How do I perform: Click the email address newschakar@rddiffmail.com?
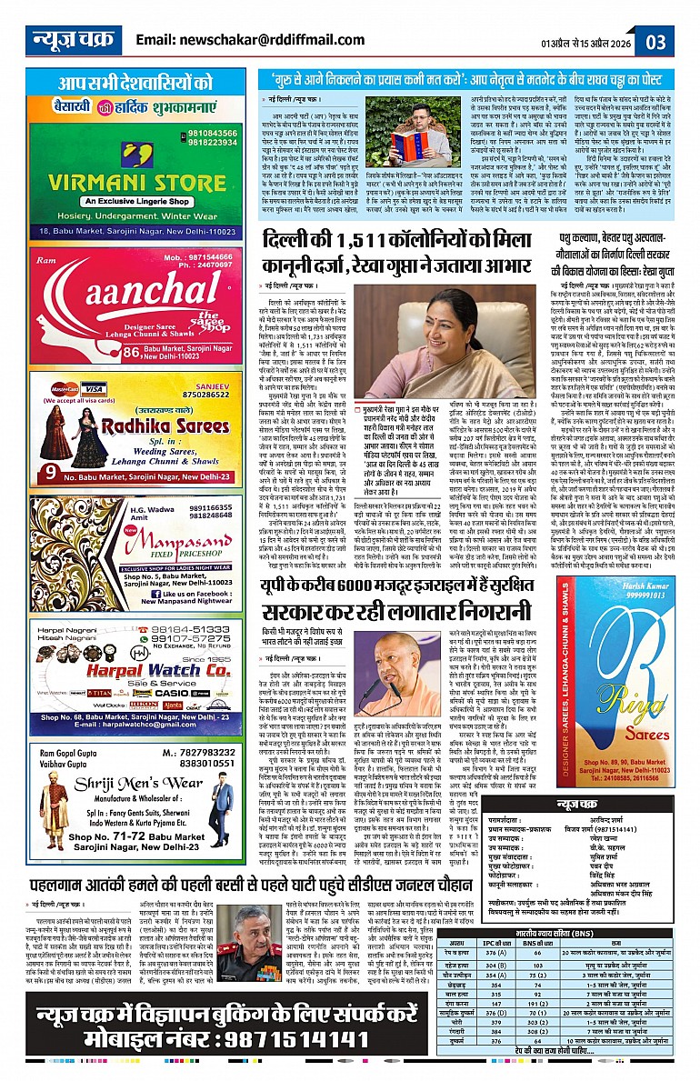click(237, 40)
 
